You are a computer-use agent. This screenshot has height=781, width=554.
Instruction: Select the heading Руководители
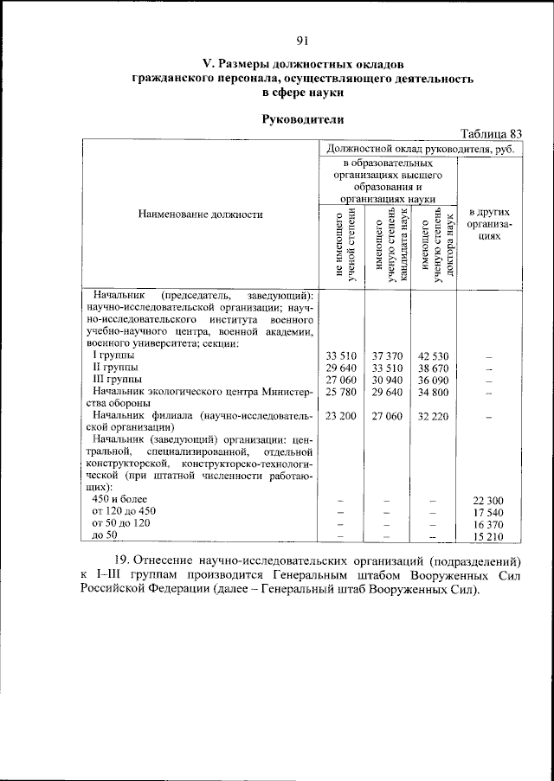click(301, 118)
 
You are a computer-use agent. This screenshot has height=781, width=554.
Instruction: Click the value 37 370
click(387, 355)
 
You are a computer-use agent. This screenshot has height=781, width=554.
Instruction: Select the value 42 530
click(433, 355)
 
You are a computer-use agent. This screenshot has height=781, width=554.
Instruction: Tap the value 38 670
click(433, 368)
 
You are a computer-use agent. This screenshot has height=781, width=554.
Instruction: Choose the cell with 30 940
click(387, 380)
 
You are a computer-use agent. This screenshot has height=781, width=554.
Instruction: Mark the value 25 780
click(341, 392)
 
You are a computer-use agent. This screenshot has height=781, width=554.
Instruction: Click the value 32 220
click(433, 416)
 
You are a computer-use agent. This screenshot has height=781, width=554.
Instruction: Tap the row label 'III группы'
click(118, 380)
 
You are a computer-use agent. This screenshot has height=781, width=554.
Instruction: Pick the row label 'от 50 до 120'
click(121, 524)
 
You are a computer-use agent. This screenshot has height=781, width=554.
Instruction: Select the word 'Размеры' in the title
click(247, 63)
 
